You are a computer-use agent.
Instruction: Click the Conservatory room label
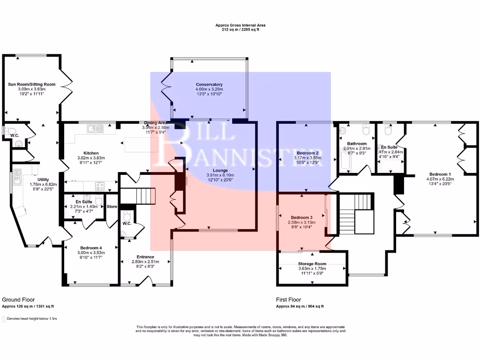[209, 84]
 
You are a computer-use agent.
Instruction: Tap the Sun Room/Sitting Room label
[32, 84]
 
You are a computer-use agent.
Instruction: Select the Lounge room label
[220, 170]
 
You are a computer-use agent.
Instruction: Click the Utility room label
[44, 179]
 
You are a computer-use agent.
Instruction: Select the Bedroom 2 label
[307, 153]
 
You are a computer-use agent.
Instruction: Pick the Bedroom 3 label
[301, 217]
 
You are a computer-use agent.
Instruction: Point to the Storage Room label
[312, 264]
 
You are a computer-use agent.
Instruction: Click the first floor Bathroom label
[356, 143]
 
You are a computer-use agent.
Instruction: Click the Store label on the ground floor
[112, 206]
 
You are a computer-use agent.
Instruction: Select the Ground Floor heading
[18, 300]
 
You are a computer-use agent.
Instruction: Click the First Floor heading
[289, 300]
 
